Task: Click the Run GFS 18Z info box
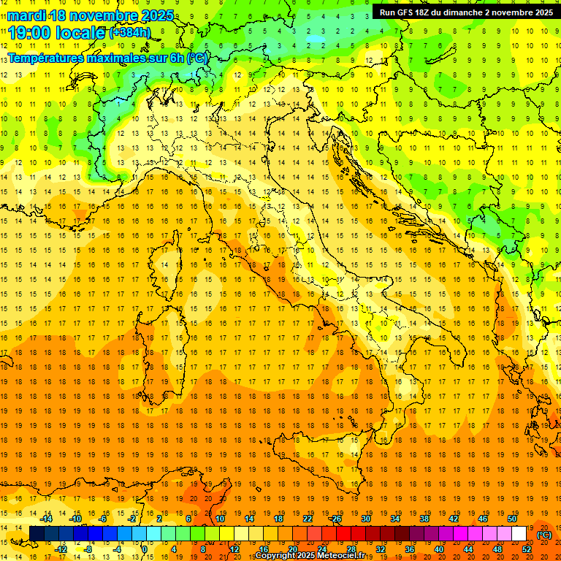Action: coord(465,12)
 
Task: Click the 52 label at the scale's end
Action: coord(527,549)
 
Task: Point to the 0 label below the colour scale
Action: coord(145,549)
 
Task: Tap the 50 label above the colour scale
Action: coord(512,519)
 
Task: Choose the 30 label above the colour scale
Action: coord(365,519)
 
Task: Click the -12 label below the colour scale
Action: coord(61,549)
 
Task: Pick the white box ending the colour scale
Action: coord(519,534)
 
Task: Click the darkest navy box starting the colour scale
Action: coord(37,534)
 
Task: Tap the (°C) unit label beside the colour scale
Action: coord(544,534)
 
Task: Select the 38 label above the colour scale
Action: coord(424,519)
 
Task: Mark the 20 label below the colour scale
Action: coord(292,549)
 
